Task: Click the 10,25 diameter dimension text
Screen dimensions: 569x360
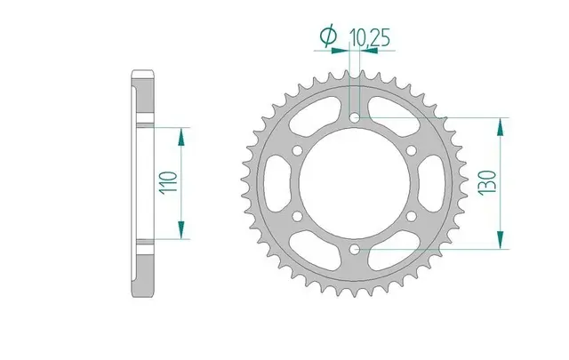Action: [370, 37]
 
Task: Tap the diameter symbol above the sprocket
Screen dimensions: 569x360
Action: [328, 36]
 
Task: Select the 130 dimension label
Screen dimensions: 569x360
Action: [487, 183]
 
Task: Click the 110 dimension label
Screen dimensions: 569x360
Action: [170, 183]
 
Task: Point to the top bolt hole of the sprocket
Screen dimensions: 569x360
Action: [355, 117]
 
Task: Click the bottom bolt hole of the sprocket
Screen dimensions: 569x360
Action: [355, 249]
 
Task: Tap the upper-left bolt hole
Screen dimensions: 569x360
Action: [298, 150]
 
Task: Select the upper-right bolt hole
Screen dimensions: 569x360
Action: [412, 150]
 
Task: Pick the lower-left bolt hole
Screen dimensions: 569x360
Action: [298, 216]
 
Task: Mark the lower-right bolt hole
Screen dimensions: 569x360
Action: [412, 216]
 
